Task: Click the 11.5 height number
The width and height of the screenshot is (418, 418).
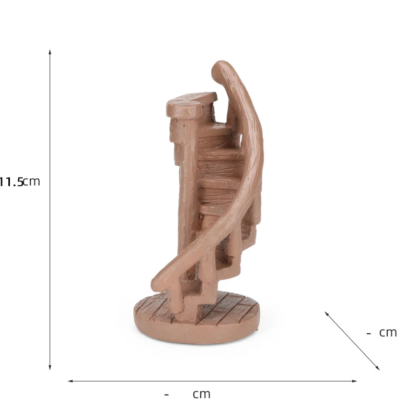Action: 11,182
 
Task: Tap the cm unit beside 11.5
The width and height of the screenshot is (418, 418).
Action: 32,182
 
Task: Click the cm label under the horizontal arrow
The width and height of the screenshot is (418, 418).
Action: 201,394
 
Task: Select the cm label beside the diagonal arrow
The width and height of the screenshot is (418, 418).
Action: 388,333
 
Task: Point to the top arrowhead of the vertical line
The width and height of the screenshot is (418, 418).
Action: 50,52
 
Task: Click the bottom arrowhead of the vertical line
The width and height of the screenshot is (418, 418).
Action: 50,367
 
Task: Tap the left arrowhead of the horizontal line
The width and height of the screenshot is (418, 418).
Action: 71,381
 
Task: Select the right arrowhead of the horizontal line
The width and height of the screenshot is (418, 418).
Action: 354,381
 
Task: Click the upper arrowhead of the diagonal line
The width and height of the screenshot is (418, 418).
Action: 327,314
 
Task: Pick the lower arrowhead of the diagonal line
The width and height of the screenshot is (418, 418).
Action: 377,368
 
